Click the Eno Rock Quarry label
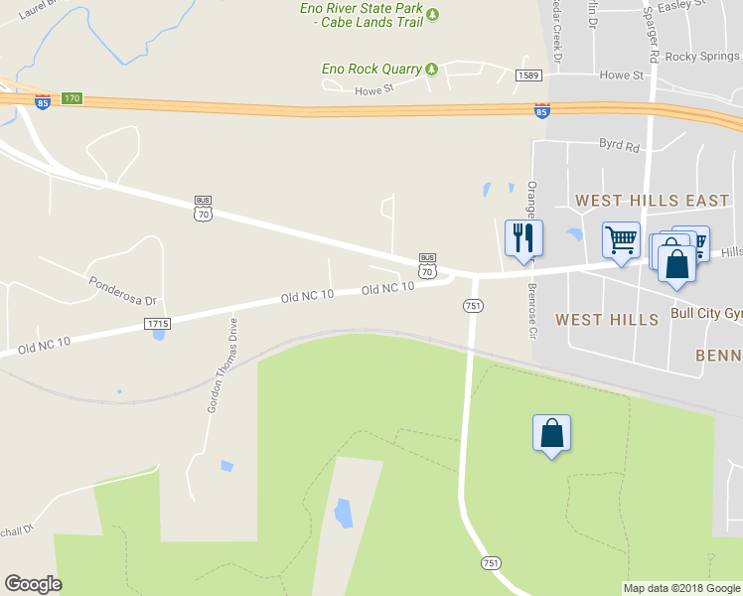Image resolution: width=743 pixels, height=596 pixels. (371, 69)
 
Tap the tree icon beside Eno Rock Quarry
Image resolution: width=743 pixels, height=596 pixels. (432, 69)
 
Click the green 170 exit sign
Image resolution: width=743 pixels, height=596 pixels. (71, 98)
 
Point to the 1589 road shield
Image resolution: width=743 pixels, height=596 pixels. (527, 75)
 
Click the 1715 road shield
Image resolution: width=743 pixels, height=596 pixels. (157, 324)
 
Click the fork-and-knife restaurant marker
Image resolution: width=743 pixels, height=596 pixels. (523, 238)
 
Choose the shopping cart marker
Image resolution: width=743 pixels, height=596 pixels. (621, 239)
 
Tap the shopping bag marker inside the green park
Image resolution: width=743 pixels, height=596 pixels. (552, 434)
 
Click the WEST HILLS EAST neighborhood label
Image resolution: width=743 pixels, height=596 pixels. (653, 201)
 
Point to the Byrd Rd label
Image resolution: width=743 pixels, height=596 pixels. (619, 145)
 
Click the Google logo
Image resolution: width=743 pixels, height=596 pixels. (33, 584)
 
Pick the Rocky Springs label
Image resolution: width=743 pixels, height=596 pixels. (702, 57)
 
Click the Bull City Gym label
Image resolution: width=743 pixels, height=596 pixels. (706, 313)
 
